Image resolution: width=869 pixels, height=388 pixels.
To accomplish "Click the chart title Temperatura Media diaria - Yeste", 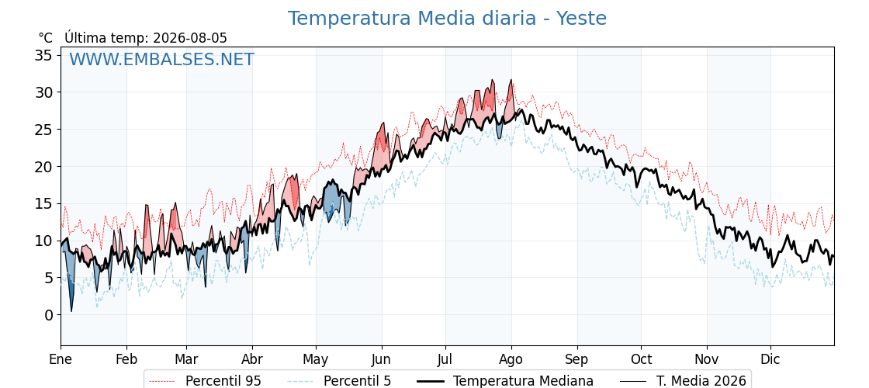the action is (447, 19).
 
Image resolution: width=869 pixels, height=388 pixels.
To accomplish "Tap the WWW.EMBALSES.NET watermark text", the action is (161, 59).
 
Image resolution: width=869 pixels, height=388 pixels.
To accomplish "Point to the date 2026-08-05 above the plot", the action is (189, 38).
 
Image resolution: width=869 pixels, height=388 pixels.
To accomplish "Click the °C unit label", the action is (46, 38).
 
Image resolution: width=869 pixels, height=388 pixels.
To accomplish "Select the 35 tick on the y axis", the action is (44, 55).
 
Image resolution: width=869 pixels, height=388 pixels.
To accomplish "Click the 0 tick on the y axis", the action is (49, 315).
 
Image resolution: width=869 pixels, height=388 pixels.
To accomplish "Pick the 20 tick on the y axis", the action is (44, 166).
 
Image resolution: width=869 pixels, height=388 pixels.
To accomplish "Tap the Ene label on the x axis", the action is (61, 359).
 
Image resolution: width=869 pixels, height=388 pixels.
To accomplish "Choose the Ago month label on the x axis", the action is (511, 359).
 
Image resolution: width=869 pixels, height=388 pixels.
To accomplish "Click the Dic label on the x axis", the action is (770, 359).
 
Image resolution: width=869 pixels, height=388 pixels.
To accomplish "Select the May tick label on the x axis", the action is (316, 359).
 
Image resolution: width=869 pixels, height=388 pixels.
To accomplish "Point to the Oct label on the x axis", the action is (641, 359).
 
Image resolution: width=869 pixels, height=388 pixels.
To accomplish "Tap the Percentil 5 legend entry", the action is (339, 381).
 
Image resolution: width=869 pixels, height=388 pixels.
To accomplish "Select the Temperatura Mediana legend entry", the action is (505, 381).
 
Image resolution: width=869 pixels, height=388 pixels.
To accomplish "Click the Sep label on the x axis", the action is (577, 359).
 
